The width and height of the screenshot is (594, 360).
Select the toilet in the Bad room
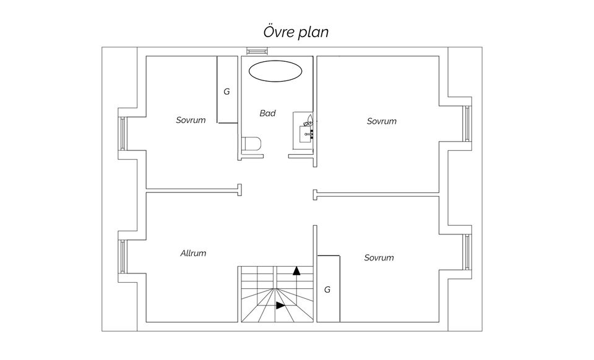(252, 145)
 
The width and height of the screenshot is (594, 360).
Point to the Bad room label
(267, 113)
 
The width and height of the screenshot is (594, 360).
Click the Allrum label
(193, 253)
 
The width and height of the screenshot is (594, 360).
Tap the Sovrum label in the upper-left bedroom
(191, 120)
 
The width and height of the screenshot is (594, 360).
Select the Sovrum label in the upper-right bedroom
(381, 121)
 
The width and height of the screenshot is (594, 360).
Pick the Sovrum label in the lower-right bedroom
(379, 257)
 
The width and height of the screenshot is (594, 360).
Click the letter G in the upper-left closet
(226, 92)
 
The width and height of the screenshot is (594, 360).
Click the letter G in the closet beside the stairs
(327, 289)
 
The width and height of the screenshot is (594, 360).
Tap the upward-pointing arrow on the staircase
(296, 270)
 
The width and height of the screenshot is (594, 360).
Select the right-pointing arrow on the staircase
(280, 305)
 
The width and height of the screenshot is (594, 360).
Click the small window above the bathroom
(254, 51)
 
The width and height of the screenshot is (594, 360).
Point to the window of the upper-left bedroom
(123, 133)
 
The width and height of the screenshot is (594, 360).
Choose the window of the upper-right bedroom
(467, 124)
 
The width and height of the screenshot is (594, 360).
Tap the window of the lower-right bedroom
(467, 252)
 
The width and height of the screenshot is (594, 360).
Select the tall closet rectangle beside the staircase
(329, 288)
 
